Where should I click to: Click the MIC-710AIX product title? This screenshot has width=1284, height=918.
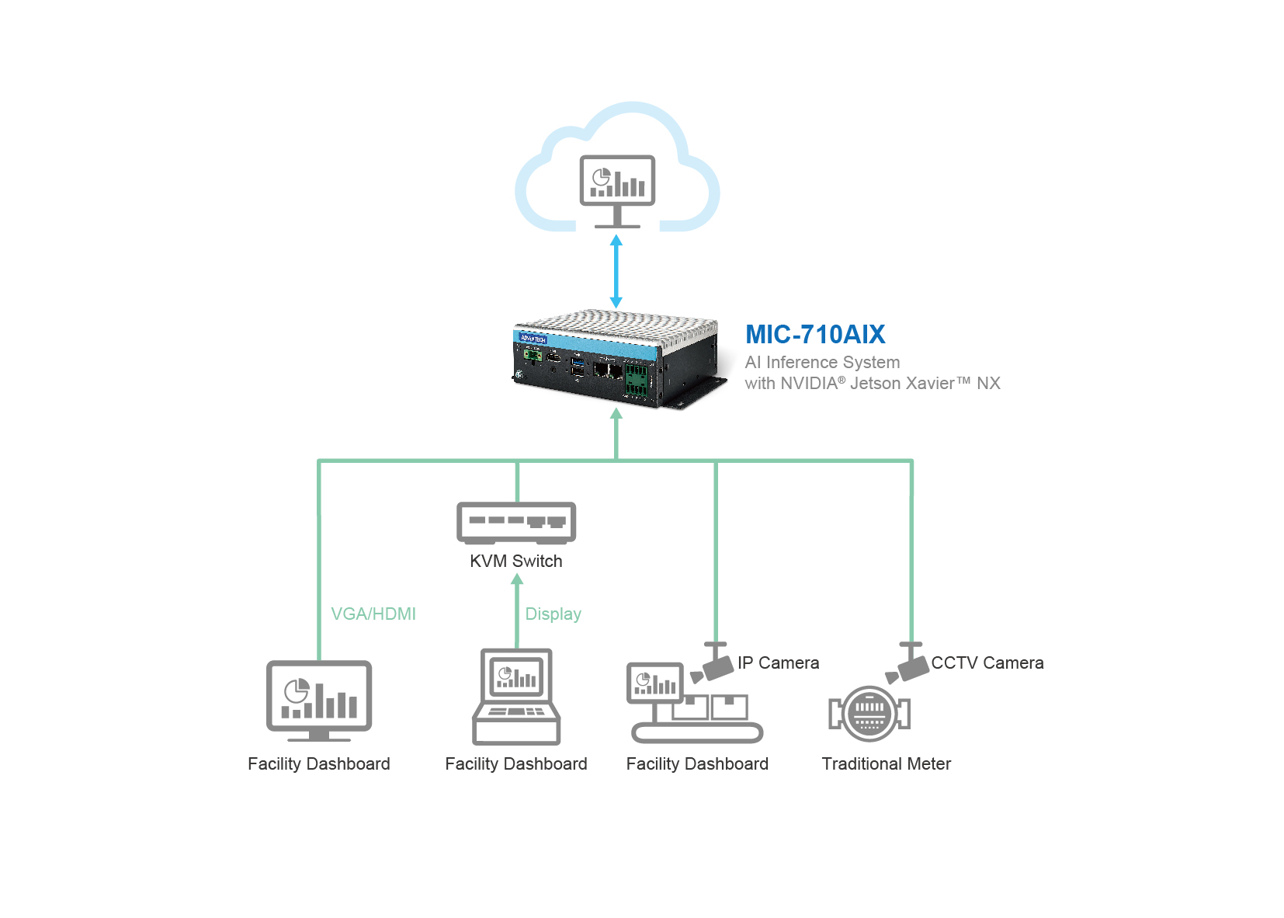[814, 335]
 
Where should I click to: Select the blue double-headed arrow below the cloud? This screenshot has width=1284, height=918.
[616, 272]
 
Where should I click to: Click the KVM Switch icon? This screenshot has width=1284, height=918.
[516, 523]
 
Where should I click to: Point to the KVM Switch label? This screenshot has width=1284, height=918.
[515, 561]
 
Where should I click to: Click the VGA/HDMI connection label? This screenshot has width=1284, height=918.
[373, 614]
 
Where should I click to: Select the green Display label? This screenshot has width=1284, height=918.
[553, 614]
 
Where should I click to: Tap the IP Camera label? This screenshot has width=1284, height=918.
[778, 662]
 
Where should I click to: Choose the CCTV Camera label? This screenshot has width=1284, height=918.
[987, 662]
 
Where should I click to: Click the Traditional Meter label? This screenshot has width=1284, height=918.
[886, 763]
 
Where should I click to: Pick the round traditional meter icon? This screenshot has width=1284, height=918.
[869, 713]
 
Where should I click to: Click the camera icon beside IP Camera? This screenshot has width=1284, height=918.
[713, 664]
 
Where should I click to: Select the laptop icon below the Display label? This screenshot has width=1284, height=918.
[516, 697]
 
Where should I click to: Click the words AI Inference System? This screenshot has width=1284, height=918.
[822, 362]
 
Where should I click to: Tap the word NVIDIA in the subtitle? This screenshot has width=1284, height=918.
[808, 383]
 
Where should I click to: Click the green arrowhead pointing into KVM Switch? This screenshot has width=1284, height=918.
[517, 579]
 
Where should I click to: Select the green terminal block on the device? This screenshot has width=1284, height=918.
[636, 378]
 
